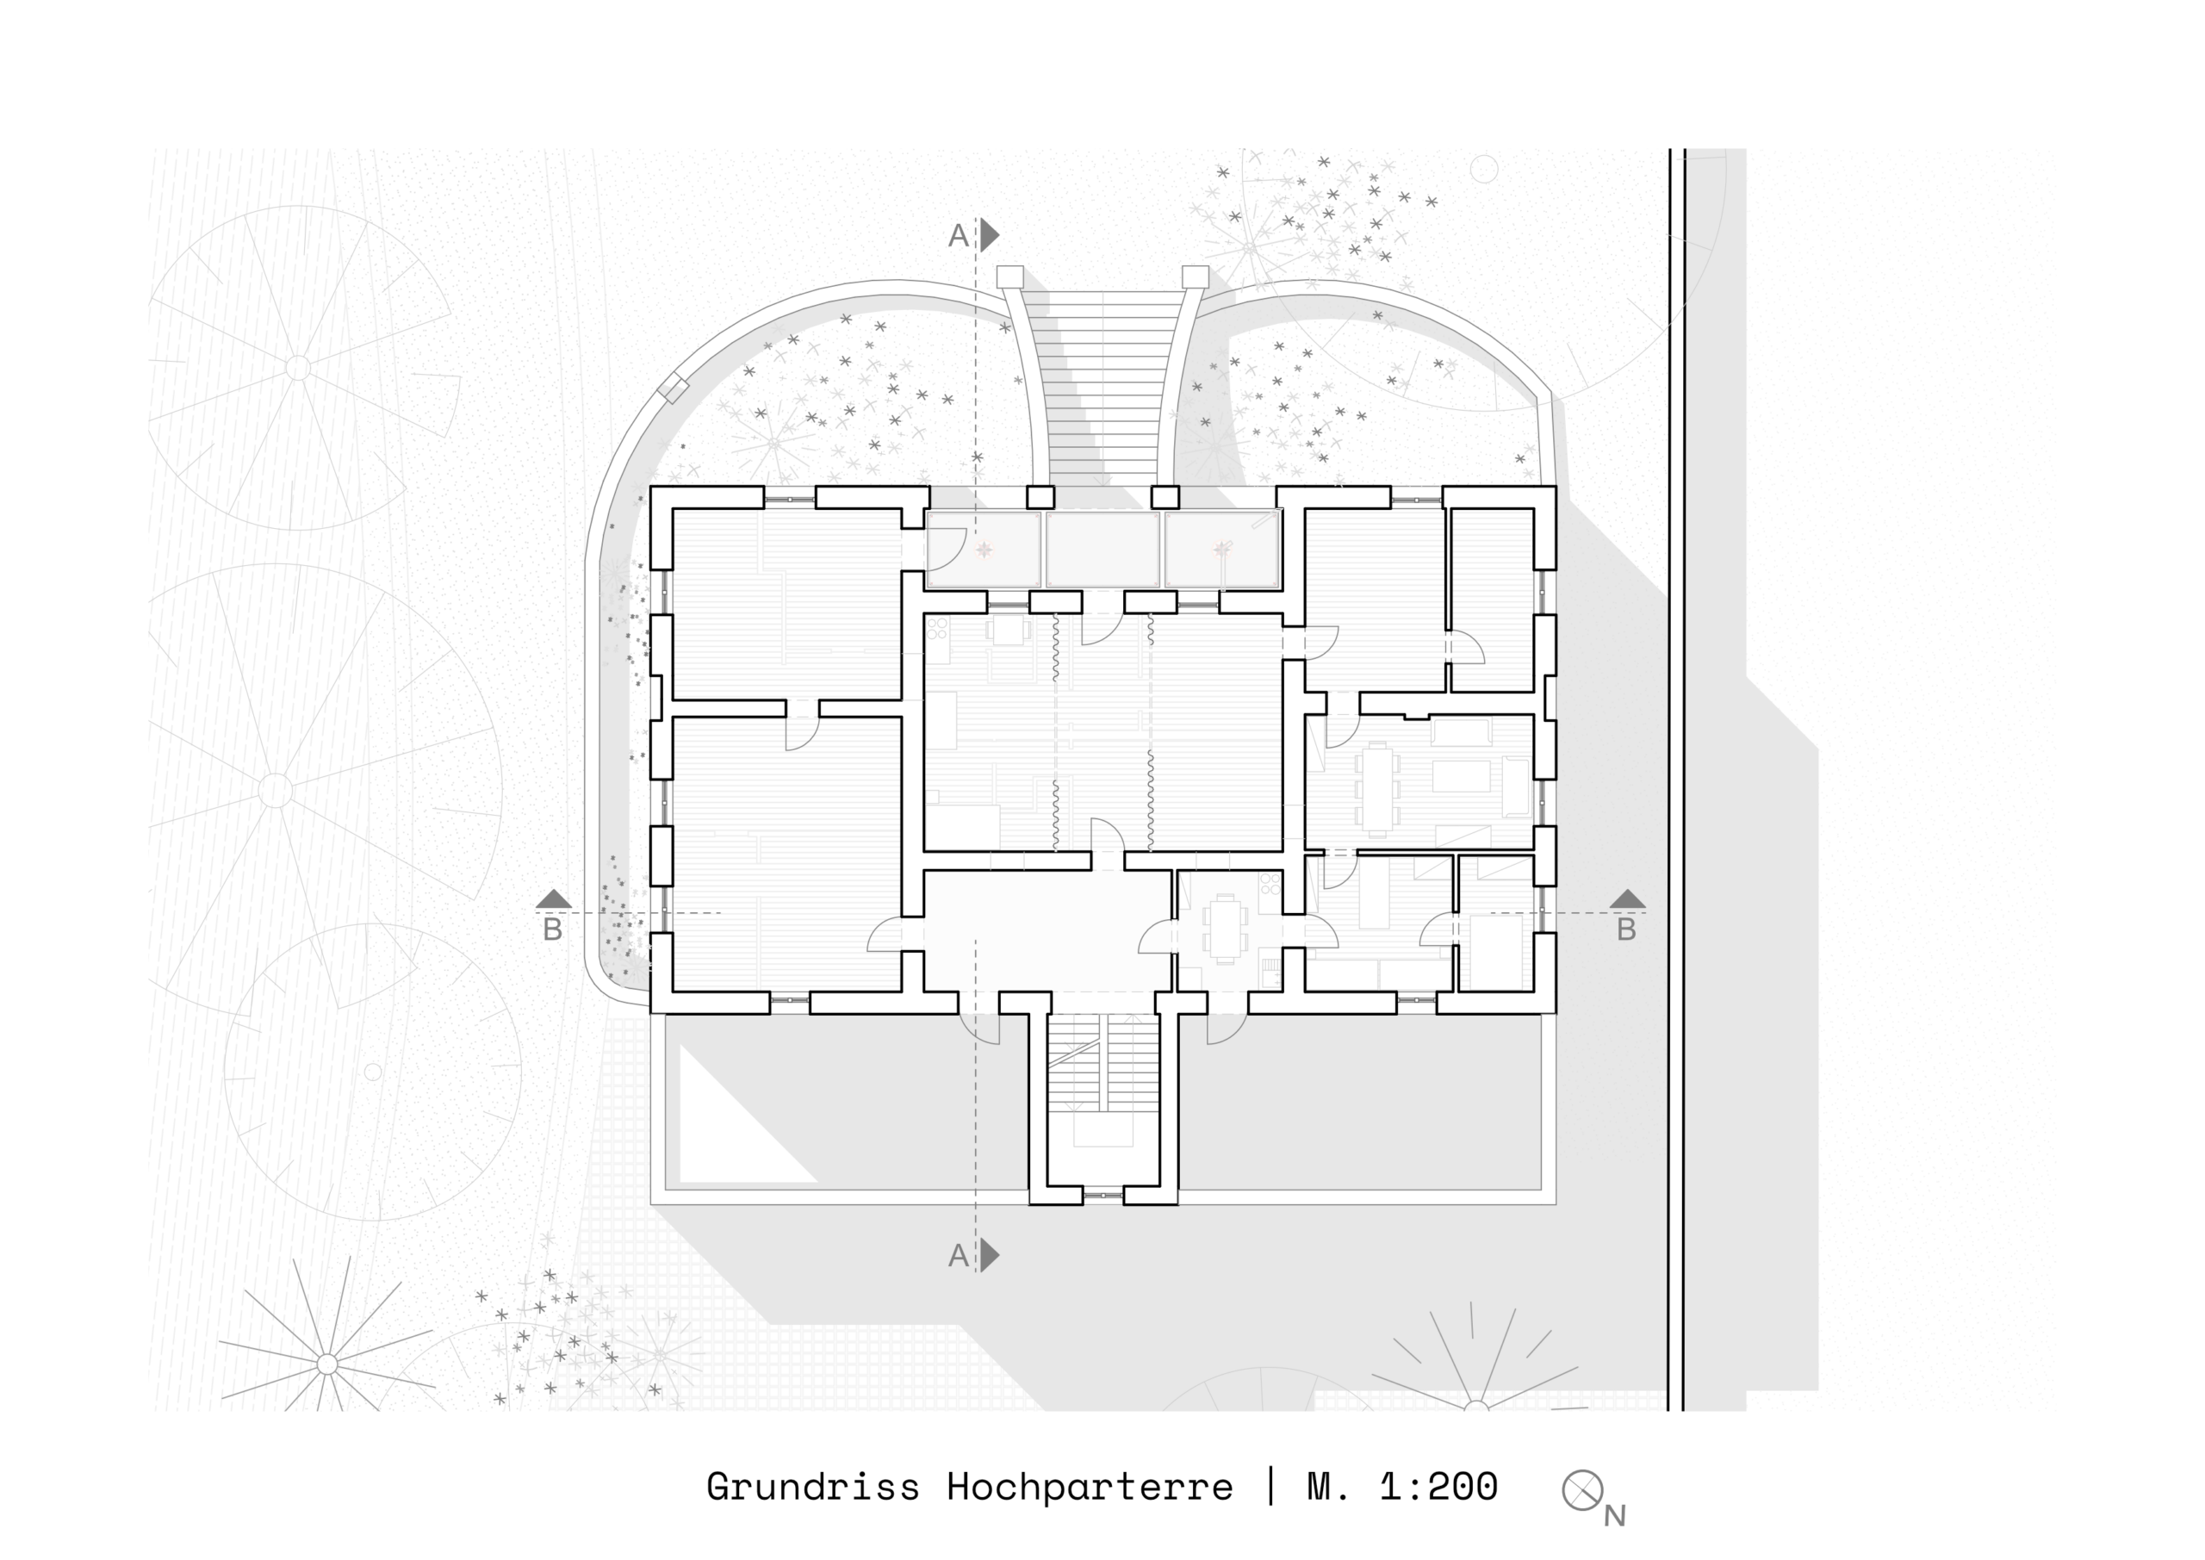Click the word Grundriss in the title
[x=812, y=1488]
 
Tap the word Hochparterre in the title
[x=1090, y=1488]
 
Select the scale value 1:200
[x=1438, y=1487]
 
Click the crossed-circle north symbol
[x=1581, y=1490]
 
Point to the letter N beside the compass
[x=1614, y=1516]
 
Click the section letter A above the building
[x=958, y=236]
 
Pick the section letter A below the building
[x=958, y=1255]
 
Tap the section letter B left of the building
[x=552, y=929]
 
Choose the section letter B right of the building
[x=1626, y=929]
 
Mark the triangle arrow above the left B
[x=553, y=899]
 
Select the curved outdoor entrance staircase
[x=1102, y=384]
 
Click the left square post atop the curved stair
[x=1010, y=277]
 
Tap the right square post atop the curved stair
[x=1195, y=277]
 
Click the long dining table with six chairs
[x=1377, y=787]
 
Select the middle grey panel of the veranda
[x=1102, y=550]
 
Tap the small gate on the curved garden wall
[x=674, y=388]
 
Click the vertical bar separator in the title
[x=1270, y=1486]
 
